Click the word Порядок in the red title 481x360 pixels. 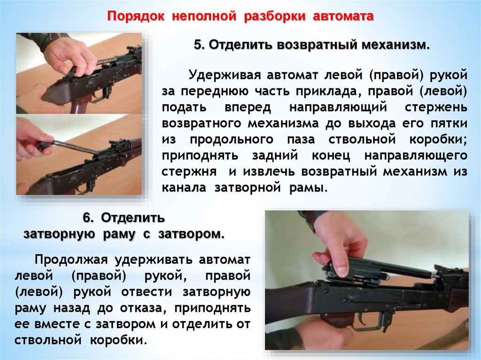point(136,16)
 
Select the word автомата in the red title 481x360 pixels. point(343,16)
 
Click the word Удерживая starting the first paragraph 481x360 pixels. point(224,75)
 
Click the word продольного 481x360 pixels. point(232,140)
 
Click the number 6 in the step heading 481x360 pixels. point(87,218)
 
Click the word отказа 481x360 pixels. point(143,308)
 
